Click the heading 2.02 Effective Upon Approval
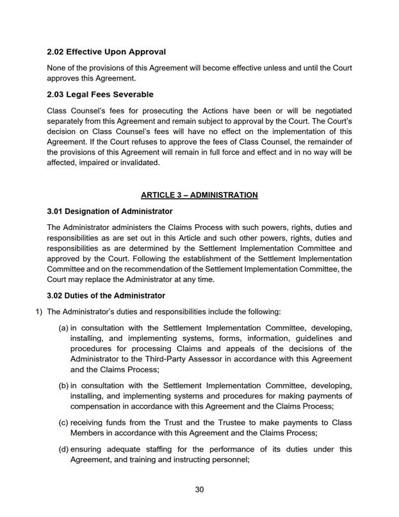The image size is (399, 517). (106, 51)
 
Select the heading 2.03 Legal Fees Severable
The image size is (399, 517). (100, 95)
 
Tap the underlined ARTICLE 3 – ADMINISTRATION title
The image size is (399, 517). (199, 195)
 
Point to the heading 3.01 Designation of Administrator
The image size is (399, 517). (110, 211)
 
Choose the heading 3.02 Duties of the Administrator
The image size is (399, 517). (106, 295)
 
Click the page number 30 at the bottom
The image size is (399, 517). (199, 489)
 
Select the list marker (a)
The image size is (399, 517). (63, 329)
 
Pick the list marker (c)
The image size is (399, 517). (63, 423)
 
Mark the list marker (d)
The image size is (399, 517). (63, 449)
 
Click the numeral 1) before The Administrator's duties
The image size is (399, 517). (38, 312)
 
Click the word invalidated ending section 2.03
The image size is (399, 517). (138, 162)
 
